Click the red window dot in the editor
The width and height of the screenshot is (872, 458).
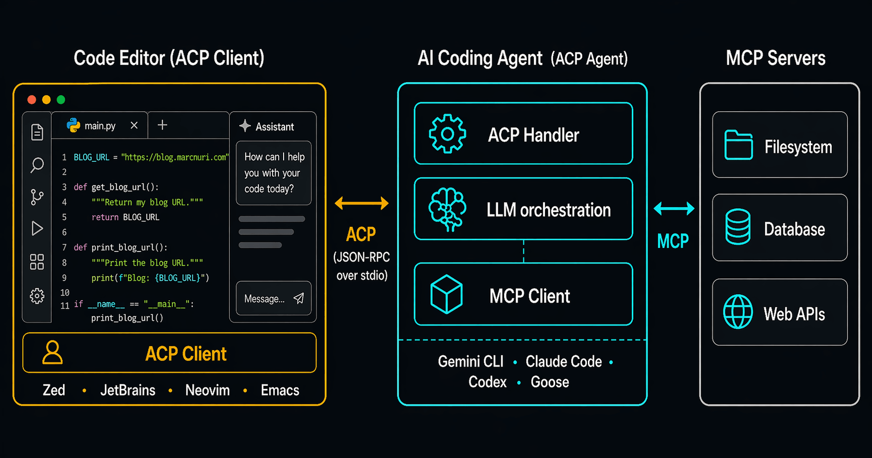[32, 100]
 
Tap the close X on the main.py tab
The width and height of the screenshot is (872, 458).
[134, 125]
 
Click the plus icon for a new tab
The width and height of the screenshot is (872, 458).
[162, 125]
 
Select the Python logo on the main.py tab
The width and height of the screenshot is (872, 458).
[74, 125]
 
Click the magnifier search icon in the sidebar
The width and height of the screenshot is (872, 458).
[37, 165]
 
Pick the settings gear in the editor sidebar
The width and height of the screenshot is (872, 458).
[37, 296]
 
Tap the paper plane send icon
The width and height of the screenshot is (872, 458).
[299, 298]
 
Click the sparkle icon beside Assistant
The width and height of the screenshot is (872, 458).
[245, 126]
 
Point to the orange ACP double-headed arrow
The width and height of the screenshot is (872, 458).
[362, 203]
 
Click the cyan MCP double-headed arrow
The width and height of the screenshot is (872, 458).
[674, 208]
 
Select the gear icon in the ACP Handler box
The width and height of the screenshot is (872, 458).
[447, 134]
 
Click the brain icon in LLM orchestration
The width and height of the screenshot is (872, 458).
[447, 209]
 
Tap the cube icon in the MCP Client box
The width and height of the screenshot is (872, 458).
[446, 294]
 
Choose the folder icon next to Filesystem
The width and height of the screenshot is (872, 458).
[738, 145]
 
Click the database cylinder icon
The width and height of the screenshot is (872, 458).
[737, 227]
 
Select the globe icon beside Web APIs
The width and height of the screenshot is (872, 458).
[737, 312]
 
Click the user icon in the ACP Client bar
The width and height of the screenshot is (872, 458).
[52, 352]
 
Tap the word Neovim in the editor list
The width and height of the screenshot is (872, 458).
[208, 390]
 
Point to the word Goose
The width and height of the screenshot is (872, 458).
[550, 382]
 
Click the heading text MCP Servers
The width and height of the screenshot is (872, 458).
[775, 58]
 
